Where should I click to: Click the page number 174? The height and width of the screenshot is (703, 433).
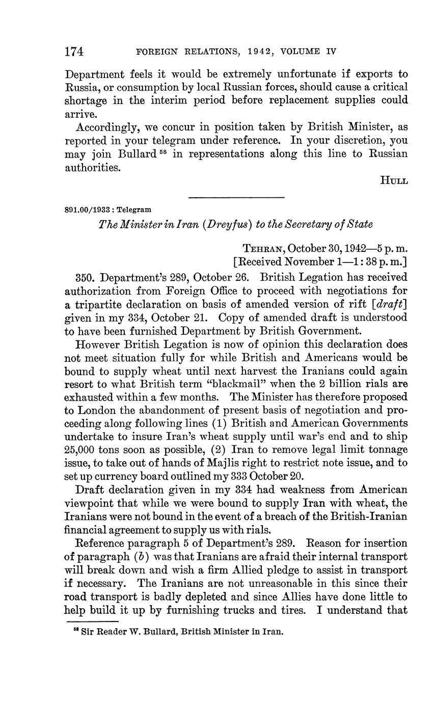(74, 51)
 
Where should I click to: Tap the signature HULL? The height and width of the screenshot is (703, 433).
(394, 181)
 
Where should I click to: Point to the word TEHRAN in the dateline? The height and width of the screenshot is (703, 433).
(262, 248)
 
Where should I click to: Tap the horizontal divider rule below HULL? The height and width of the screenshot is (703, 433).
(236, 197)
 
